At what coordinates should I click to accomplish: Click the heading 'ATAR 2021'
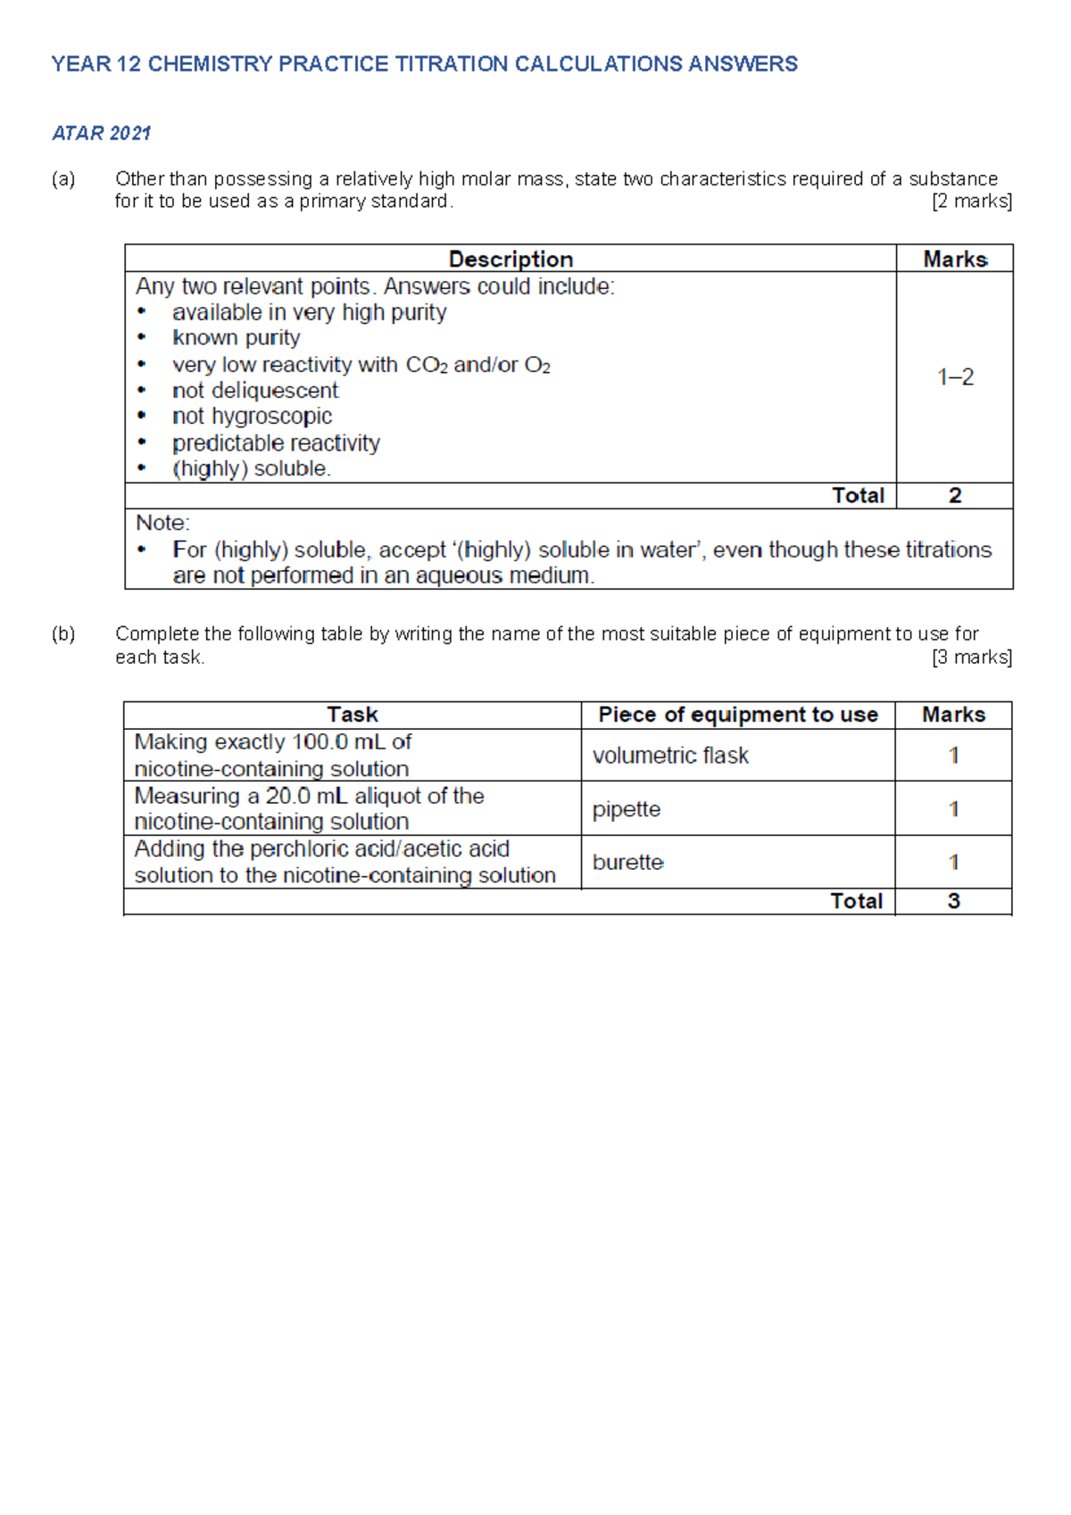coord(101,134)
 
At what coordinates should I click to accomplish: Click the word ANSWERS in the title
coord(743,64)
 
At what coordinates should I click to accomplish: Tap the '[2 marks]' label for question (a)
coord(971,202)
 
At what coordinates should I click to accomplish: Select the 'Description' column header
coord(511,259)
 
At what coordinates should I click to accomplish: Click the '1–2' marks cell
coord(955,377)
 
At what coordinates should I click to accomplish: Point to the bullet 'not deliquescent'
coord(255,391)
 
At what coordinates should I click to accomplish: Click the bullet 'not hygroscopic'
coord(252,417)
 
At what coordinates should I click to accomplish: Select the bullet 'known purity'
coord(236,338)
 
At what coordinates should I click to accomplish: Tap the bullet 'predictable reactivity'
coord(276,443)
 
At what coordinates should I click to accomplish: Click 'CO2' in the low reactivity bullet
coord(427,365)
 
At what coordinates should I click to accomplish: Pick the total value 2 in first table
coord(955,496)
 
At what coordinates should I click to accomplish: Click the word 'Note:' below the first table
coord(162,523)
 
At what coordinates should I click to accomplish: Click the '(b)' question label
coord(63,634)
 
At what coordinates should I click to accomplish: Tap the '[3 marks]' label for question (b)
coord(971,658)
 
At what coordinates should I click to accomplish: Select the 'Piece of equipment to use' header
coord(738,715)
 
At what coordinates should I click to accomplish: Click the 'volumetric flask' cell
coord(670,756)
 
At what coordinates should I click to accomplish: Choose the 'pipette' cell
coord(627,809)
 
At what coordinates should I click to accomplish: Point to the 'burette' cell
coord(628,863)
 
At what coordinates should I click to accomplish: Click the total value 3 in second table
coord(953,901)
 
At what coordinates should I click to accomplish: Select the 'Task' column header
coord(353,715)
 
